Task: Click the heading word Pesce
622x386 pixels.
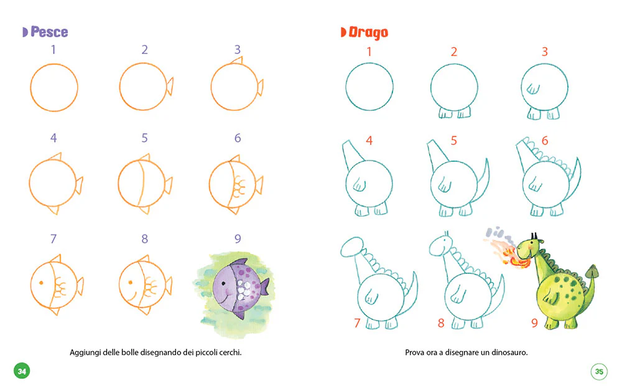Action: coord(49,32)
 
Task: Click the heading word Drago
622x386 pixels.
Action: coord(368,32)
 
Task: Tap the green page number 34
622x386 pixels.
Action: coord(22,371)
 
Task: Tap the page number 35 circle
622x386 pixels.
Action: coord(599,371)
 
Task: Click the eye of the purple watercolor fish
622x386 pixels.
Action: coord(224,283)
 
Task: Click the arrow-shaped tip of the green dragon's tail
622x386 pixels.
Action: coord(592,271)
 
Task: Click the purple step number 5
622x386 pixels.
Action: coord(144,138)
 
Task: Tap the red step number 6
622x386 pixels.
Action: coord(545,140)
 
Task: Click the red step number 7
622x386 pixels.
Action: coord(357,323)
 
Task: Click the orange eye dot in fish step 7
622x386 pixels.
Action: coord(41,283)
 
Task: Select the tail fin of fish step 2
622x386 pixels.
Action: coord(170,86)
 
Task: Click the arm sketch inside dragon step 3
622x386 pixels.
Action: coord(533,88)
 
